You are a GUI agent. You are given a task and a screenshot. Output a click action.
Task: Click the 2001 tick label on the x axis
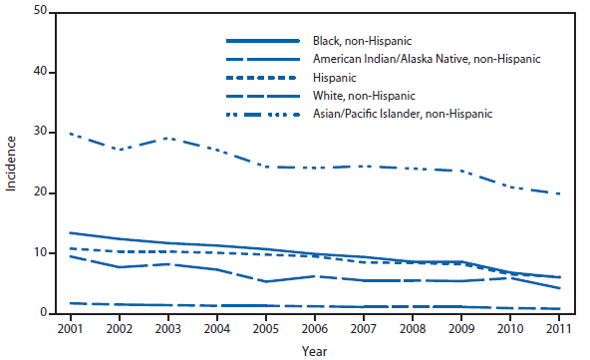(69, 329)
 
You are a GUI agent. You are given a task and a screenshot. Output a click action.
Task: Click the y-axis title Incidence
(11, 163)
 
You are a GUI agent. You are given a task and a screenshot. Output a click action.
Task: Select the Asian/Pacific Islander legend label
(410, 114)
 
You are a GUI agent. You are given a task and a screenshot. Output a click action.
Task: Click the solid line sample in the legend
(263, 41)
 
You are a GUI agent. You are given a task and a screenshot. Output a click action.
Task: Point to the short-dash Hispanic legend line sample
(263, 78)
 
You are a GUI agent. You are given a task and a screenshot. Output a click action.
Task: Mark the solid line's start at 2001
(69, 232)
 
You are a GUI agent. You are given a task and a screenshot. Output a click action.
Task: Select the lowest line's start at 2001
(69, 303)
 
